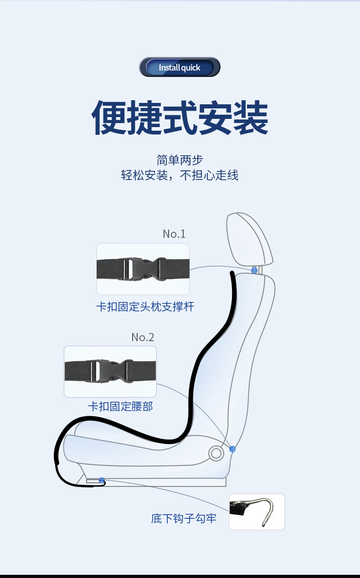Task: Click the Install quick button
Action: point(180,67)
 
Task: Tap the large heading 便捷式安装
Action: point(180,118)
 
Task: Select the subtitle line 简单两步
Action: point(180,160)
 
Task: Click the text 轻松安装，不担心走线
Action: point(180,175)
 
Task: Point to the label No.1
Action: point(174,234)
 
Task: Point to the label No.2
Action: point(143,337)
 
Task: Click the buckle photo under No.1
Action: point(143,269)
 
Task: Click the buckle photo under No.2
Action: point(110,371)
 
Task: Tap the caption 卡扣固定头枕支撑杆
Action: point(145,307)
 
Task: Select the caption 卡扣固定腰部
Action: point(120,406)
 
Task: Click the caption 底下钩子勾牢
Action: point(184,518)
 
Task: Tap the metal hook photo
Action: point(257,512)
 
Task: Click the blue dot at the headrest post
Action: point(254,271)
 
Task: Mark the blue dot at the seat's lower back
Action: point(232,449)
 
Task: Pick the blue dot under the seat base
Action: point(102,480)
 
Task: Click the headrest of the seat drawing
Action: point(249,239)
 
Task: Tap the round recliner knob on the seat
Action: point(216,453)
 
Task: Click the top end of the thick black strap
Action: point(232,273)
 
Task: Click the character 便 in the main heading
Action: point(109,118)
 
